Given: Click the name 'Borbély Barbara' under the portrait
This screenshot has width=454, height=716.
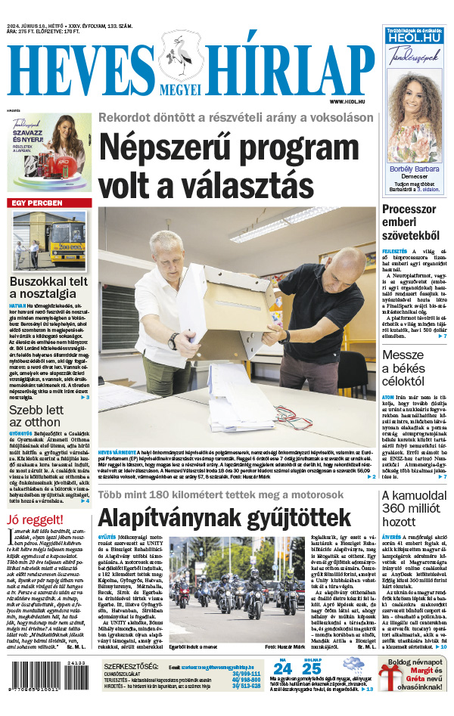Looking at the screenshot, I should tap(414, 169).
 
